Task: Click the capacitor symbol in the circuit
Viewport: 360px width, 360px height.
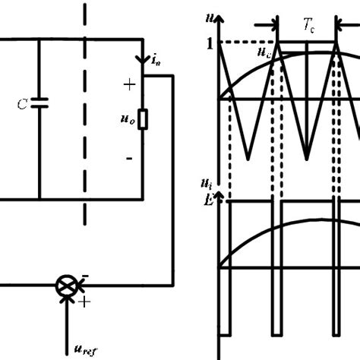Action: [42, 100]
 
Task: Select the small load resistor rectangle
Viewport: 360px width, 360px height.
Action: [142, 121]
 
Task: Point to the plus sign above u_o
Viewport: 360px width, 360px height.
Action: [129, 85]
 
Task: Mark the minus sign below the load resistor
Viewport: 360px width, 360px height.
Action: [129, 158]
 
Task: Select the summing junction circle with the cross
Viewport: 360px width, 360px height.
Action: [67, 286]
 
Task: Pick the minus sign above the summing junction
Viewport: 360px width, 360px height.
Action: [83, 275]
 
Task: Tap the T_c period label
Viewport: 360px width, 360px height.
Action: [309, 24]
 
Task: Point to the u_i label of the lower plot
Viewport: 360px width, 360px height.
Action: [206, 183]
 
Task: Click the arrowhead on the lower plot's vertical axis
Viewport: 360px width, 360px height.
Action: [219, 196]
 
